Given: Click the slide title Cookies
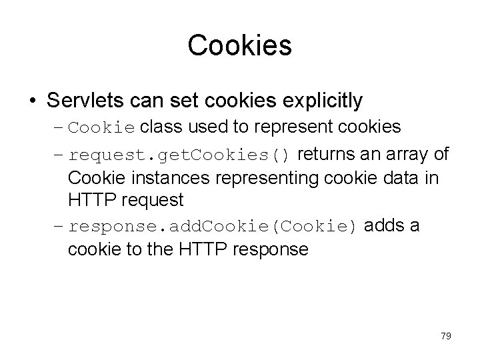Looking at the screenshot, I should pyautogui.click(x=239, y=45).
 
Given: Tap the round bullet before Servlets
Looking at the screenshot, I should pyautogui.click(x=33, y=101).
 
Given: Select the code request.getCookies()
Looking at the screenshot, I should pyautogui.click(x=179, y=156).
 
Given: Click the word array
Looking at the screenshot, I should pyautogui.click(x=406, y=155).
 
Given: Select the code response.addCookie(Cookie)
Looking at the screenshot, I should pyautogui.click(x=215, y=226).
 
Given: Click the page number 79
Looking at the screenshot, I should pyautogui.click(x=446, y=336).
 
